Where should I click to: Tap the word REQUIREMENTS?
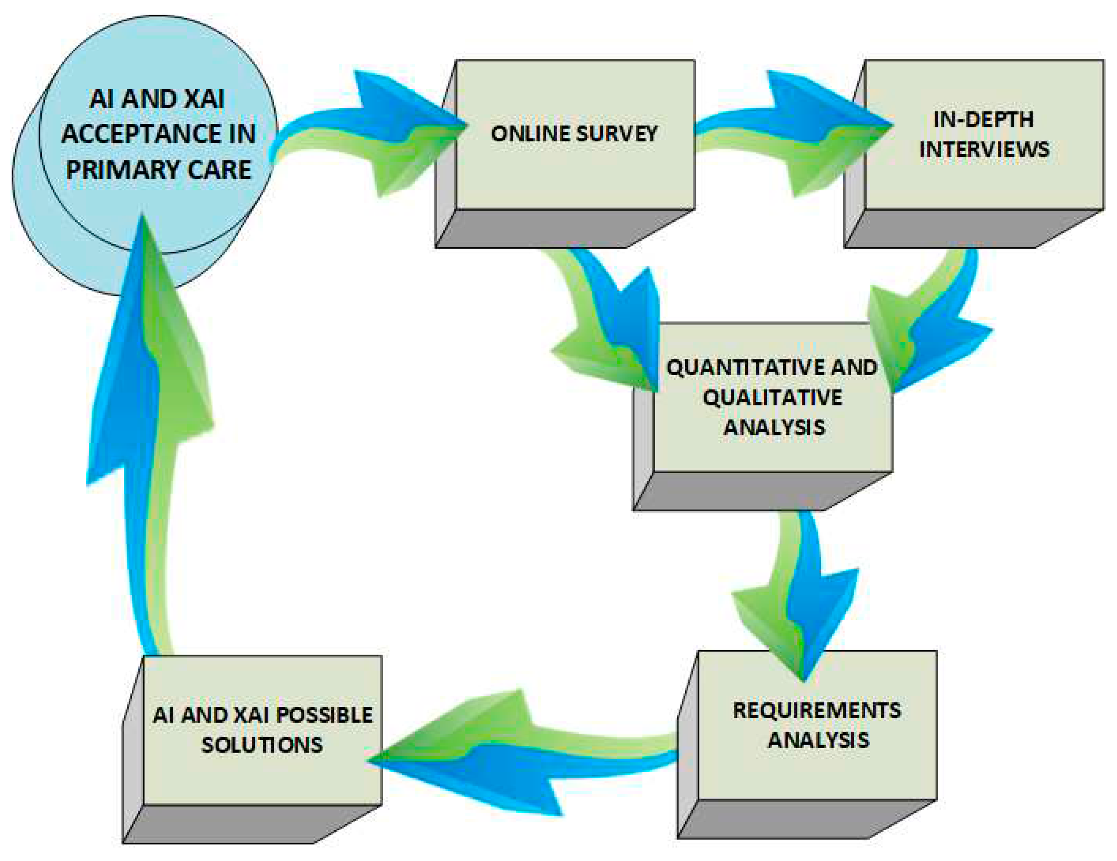817,711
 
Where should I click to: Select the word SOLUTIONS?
262,745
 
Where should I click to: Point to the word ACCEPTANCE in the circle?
159,134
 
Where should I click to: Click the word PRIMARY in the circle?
122,170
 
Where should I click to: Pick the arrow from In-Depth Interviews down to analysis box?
931,327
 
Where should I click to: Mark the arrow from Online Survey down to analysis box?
614,327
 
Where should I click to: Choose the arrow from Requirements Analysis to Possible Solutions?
511,752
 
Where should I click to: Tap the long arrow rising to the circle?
149,434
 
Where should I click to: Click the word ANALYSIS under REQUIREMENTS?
818,740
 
